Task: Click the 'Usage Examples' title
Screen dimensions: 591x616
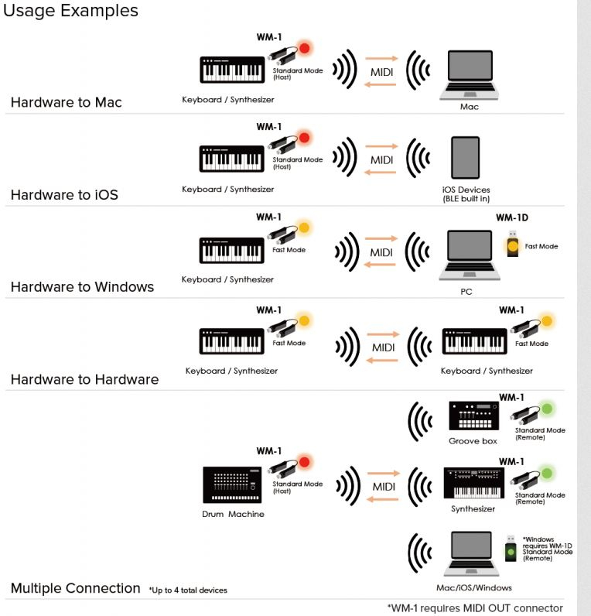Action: (x=70, y=11)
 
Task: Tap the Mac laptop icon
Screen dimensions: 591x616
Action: (x=470, y=74)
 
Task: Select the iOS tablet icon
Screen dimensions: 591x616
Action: (x=466, y=158)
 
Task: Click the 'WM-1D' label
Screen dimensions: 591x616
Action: (x=511, y=217)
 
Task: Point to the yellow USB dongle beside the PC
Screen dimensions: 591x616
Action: (x=512, y=244)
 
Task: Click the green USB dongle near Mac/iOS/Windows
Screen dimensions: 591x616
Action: (x=511, y=549)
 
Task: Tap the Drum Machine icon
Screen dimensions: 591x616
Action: (x=232, y=484)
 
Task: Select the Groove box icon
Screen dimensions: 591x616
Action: (x=474, y=416)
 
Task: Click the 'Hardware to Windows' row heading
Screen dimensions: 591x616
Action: (x=82, y=287)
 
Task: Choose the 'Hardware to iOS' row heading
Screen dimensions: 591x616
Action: (x=64, y=195)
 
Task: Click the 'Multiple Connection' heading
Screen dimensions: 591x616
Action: (x=75, y=588)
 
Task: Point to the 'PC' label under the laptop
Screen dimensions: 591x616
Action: (x=466, y=292)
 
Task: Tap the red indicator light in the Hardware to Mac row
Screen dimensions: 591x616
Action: (x=304, y=48)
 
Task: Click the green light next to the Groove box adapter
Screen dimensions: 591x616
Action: (x=547, y=409)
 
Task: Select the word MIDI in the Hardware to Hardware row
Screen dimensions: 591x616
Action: (x=383, y=347)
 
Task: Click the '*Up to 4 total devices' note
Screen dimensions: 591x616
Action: (x=188, y=590)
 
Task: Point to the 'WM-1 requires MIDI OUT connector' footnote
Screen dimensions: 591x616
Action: (x=475, y=608)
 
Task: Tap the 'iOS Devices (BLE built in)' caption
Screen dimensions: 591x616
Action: (x=466, y=194)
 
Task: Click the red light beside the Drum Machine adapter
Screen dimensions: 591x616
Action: (x=304, y=462)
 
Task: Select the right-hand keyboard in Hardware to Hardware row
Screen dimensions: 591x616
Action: (x=474, y=341)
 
